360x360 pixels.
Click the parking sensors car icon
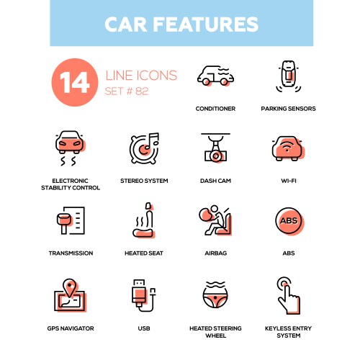click(288, 78)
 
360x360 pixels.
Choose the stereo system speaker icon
click(143, 148)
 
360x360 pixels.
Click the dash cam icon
click(215, 147)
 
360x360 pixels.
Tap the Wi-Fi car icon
click(288, 147)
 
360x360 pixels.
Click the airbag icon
click(215, 221)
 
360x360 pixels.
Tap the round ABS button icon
click(288, 220)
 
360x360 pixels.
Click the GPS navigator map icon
click(71, 296)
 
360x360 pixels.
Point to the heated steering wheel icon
click(215, 295)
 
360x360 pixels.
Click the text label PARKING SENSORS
click(288, 109)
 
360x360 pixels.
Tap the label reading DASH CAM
click(215, 181)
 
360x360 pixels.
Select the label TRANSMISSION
click(71, 253)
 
